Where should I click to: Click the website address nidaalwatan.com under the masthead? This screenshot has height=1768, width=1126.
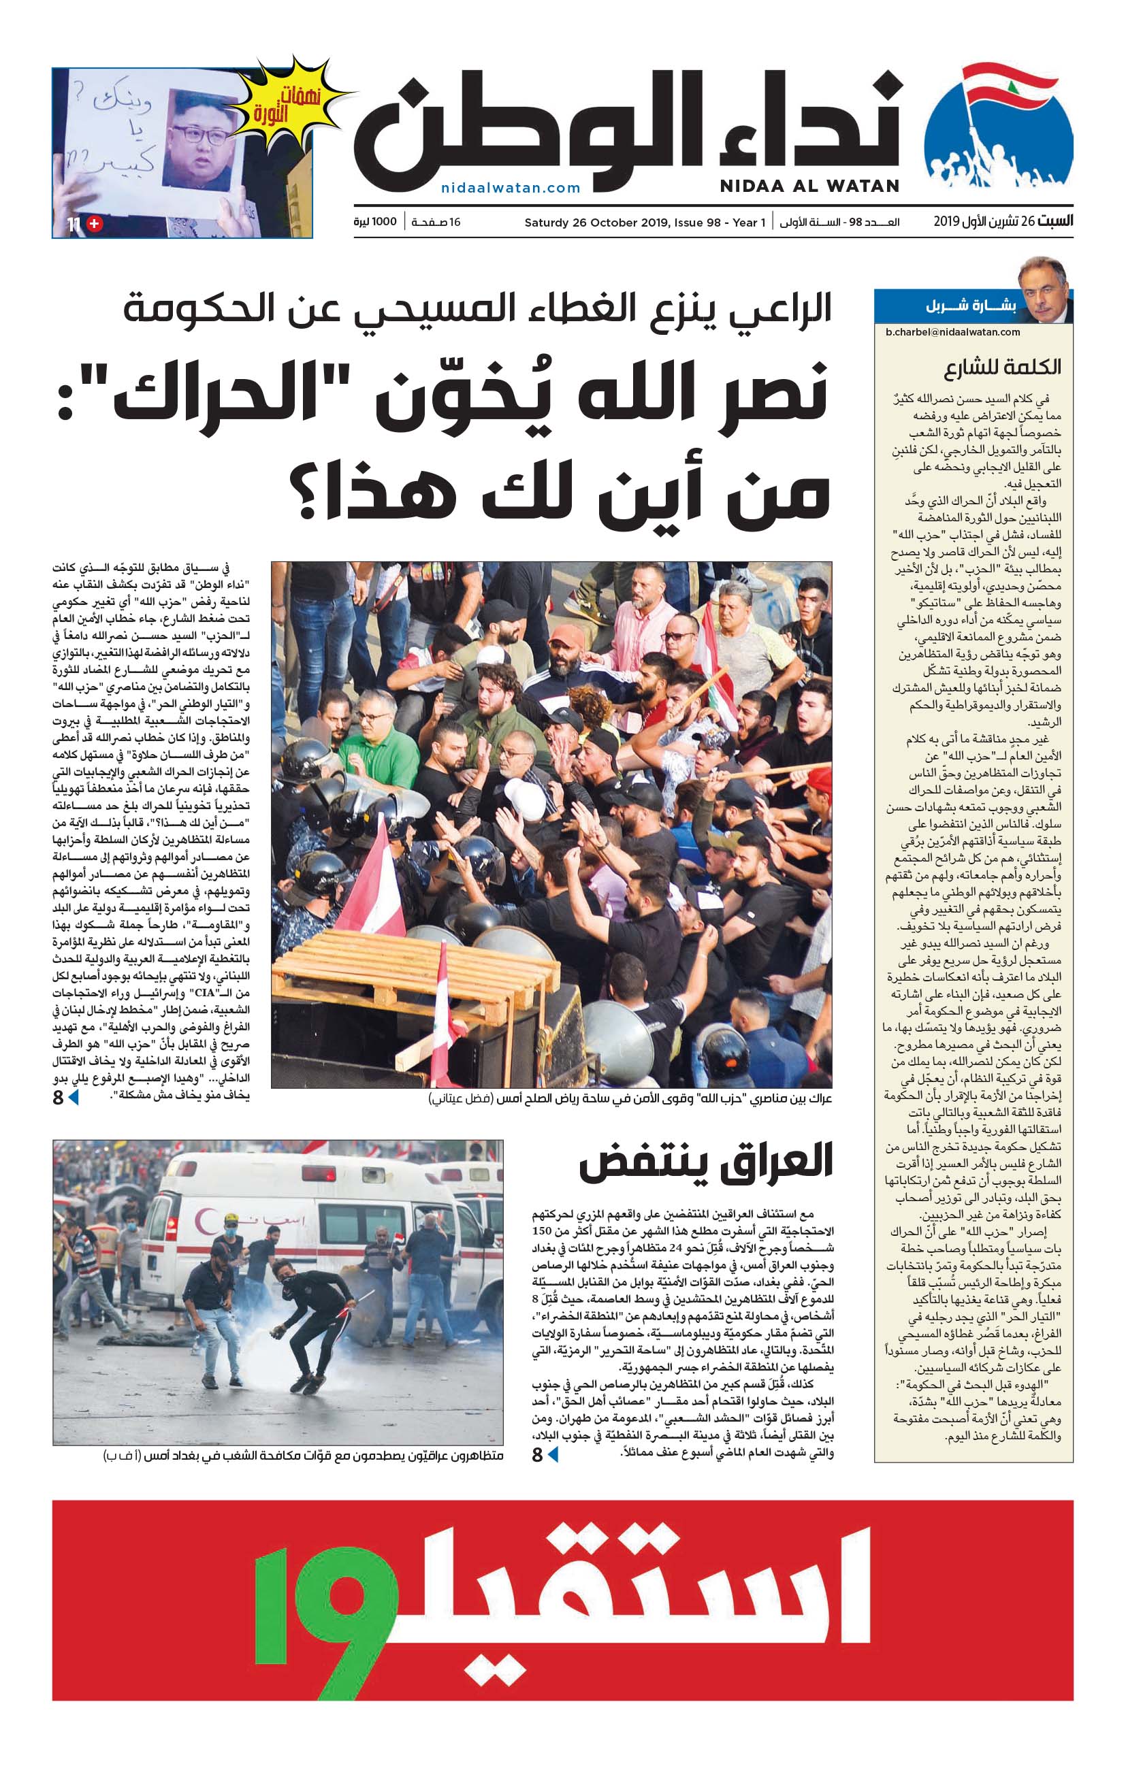(x=511, y=188)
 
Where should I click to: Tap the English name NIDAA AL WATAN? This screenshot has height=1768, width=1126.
(x=809, y=186)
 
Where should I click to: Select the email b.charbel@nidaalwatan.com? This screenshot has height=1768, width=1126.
(x=952, y=332)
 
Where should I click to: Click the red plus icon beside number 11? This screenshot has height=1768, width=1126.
(x=95, y=224)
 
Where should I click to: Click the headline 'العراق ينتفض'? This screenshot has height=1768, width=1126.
(x=705, y=1163)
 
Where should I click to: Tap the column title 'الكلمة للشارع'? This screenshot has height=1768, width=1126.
(x=1002, y=367)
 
